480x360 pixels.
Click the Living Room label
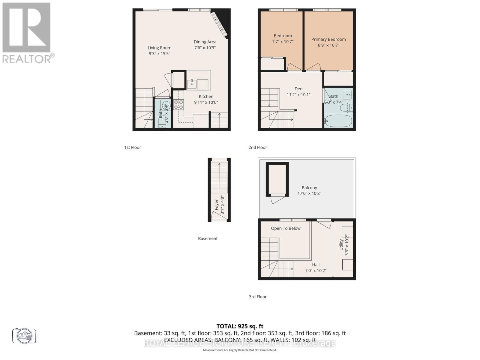pos(159,48)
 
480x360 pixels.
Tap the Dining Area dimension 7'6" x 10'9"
pos(205,48)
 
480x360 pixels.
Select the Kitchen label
pos(206,96)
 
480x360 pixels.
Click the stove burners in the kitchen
pos(179,104)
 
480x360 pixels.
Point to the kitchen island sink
pos(192,84)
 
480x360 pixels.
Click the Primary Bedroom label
pos(328,39)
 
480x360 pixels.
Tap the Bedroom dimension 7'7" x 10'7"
pos(283,42)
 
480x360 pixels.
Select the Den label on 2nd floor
pos(298,89)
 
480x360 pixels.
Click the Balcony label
pos(309,187)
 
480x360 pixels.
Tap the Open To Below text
pos(286,228)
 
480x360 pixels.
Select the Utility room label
pos(341,245)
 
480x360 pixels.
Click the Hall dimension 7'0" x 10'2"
pos(316,271)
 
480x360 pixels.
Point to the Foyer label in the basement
pos(216,205)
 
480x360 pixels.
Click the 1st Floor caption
pos(133,147)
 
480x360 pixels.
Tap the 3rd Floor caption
pos(258,297)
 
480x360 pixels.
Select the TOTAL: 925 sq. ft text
pos(240,326)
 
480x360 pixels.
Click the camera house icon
pos(24,335)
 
